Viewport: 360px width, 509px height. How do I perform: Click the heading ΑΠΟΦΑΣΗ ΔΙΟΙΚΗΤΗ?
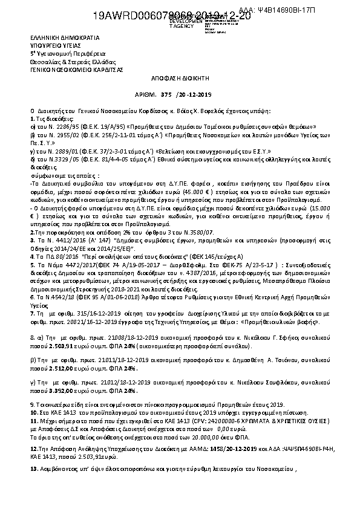click(x=180, y=79)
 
